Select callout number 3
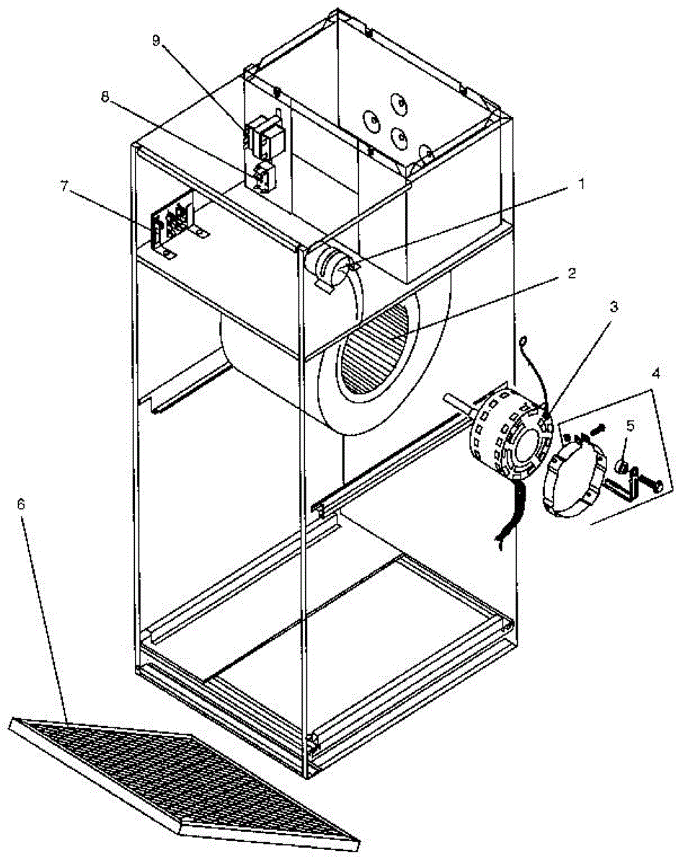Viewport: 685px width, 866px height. click(613, 306)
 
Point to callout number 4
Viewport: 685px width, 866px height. click(655, 375)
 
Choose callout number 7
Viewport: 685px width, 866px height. click(66, 187)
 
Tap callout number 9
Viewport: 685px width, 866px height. click(156, 41)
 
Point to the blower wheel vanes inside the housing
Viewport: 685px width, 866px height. click(375, 346)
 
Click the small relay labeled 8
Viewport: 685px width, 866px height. click(265, 177)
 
